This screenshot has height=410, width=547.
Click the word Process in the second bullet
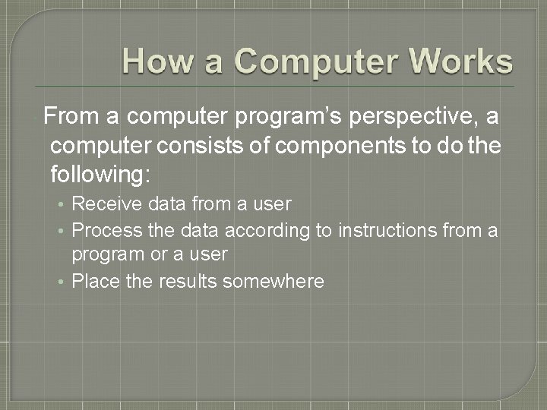tap(106, 230)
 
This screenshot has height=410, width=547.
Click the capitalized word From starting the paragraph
tap(68, 117)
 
